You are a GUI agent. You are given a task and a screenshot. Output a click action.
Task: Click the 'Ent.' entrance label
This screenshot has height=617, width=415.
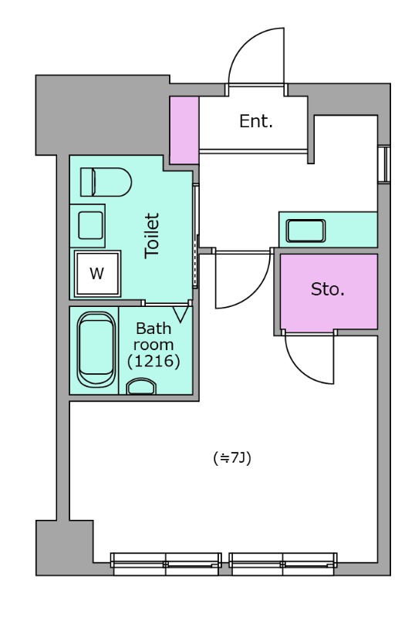pos(256,121)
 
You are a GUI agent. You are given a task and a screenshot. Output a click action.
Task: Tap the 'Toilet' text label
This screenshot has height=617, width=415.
pos(152,236)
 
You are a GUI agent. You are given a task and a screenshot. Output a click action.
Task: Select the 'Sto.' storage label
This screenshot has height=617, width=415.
pos(328,289)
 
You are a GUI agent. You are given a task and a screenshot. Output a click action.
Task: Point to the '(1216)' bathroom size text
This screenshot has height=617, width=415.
pos(154,361)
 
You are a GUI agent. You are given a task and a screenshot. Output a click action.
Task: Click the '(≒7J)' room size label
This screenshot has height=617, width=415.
pos(232,458)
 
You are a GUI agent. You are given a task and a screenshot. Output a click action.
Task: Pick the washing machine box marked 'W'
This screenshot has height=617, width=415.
pos(97,273)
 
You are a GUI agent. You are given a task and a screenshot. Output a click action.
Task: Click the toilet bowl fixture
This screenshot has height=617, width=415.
pos(106,182)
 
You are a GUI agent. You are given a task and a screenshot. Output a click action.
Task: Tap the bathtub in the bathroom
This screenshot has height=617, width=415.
pos(96,350)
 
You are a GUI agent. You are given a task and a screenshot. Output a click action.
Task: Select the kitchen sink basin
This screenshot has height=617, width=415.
pos(306,231)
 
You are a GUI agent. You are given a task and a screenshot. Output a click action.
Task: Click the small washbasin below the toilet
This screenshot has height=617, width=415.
pos(90,225)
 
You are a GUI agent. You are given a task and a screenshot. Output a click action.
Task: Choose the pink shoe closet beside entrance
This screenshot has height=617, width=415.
pos(184,130)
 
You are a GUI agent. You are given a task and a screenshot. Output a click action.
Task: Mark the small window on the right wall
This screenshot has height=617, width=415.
pos(384,164)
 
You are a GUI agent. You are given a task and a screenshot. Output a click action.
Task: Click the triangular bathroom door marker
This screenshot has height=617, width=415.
pos(181,315)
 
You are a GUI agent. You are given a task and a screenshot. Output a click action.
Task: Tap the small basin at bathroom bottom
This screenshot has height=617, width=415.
pos(141,386)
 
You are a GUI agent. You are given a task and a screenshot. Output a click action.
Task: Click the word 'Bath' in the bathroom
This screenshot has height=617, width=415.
pos(154,329)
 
